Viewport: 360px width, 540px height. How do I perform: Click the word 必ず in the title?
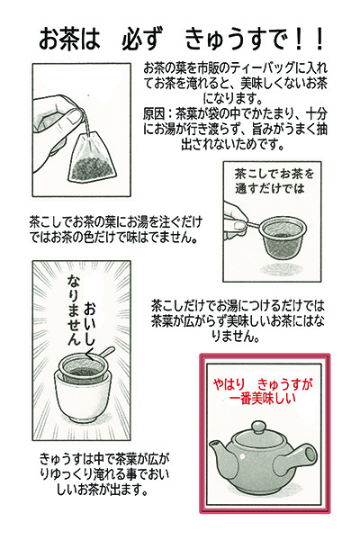coord(141,40)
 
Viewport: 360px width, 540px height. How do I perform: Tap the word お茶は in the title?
coord(68,40)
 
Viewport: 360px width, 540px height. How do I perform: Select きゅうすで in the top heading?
coord(236,40)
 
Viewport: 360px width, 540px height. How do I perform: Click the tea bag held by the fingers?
coord(92,157)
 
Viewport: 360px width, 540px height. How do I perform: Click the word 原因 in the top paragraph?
coord(154,113)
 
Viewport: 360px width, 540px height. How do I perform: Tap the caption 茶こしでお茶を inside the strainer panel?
coord(274,174)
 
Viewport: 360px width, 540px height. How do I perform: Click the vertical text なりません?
coord(75,310)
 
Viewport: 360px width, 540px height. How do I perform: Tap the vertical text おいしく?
coord(91,328)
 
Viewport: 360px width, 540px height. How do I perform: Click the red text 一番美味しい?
coord(262,398)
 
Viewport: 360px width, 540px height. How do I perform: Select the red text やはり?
coord(229,383)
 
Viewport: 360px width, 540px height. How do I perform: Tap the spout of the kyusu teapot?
coord(220,451)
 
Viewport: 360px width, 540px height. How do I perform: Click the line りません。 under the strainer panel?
coord(235,337)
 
